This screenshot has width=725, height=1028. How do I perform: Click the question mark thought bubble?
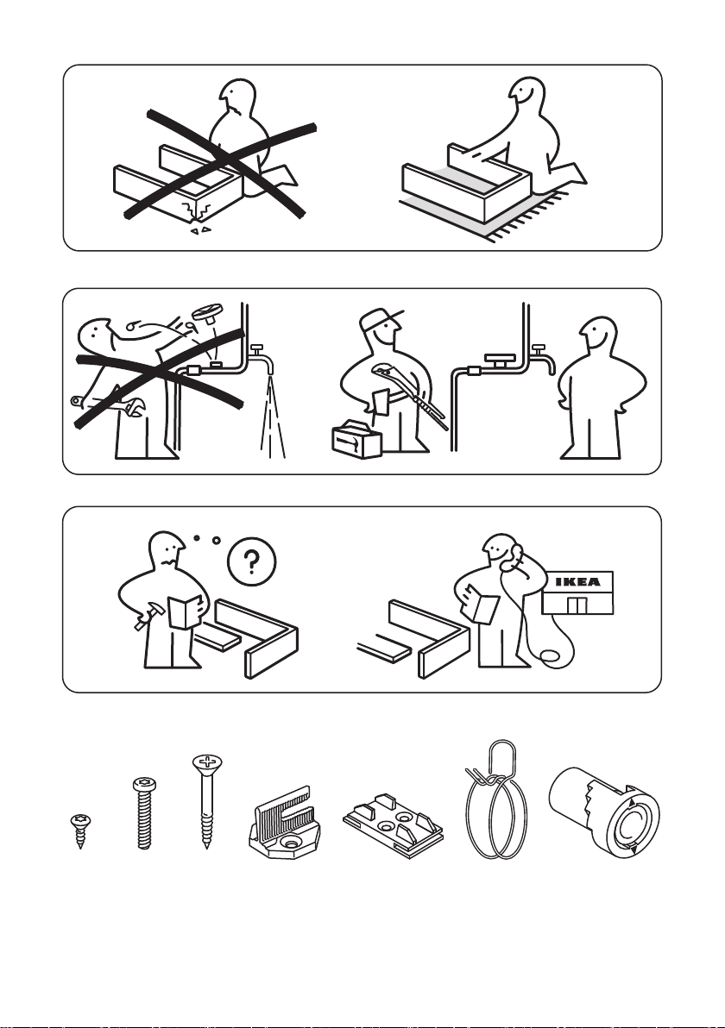tap(251, 561)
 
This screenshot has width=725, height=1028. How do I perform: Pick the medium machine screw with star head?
tap(143, 813)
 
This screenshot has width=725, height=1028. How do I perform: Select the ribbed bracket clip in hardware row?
tap(283, 822)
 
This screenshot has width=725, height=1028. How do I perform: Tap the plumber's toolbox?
tap(357, 438)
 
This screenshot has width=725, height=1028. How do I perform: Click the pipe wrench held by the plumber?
tap(410, 396)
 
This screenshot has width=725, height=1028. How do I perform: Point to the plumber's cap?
tap(381, 319)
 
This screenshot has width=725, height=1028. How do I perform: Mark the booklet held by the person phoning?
tap(480, 605)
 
